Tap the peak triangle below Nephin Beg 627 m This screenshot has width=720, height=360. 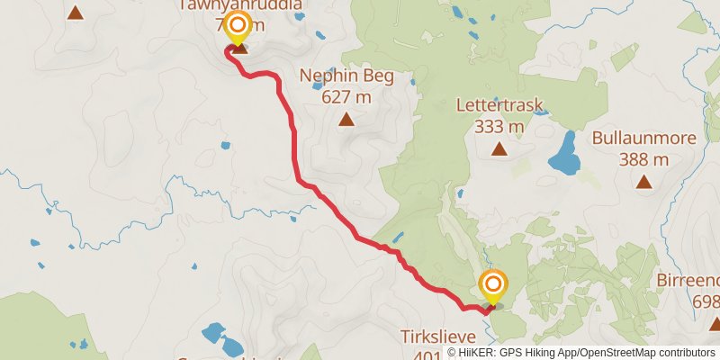(346, 119)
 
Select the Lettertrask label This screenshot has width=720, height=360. (499, 106)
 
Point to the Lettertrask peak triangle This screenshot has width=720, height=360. (499, 148)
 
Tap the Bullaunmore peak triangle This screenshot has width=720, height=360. (643, 182)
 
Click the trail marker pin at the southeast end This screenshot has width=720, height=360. (492, 286)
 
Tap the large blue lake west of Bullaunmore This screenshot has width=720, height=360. (564, 155)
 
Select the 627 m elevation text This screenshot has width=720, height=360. (346, 97)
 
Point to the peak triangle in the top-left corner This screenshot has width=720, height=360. (76, 13)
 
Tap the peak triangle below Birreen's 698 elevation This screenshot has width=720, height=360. (715, 323)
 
